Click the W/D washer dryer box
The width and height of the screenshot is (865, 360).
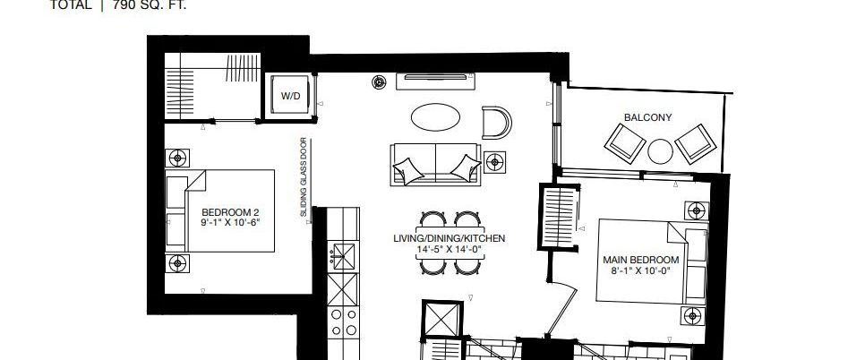(290, 95)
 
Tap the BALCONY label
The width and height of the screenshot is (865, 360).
(647, 117)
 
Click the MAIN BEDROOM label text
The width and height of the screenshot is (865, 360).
(640, 265)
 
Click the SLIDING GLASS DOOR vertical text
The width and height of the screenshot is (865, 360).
(304, 178)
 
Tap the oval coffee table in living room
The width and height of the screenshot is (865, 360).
(437, 117)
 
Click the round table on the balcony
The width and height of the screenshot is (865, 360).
(660, 150)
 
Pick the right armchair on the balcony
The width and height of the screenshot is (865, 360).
(697, 141)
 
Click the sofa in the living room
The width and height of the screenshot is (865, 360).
(434, 164)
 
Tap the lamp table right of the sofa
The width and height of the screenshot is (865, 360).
(493, 162)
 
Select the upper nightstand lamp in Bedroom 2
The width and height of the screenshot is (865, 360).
(176, 158)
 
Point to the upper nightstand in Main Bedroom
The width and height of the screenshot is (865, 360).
(695, 211)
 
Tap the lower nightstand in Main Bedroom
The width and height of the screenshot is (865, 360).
(695, 316)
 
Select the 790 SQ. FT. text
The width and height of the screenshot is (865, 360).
(150, 4)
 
